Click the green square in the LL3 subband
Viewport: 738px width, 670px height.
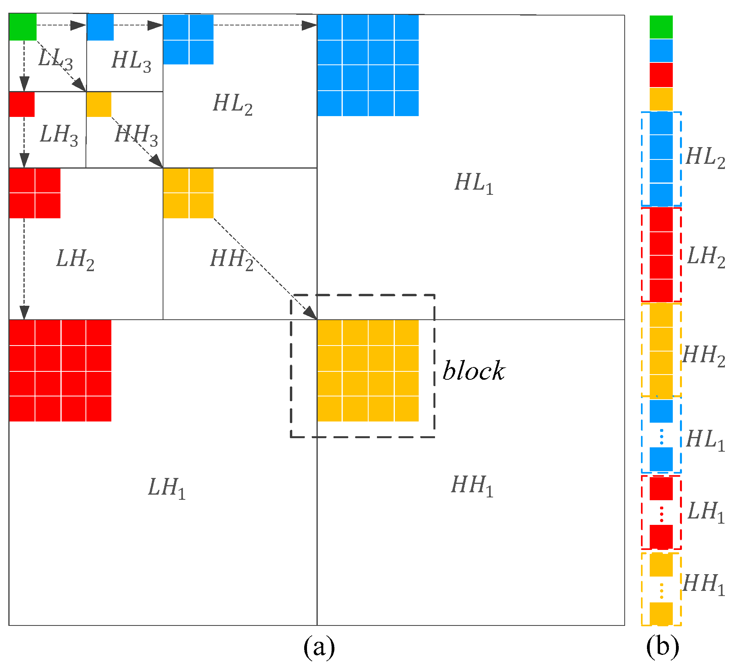pos(23,27)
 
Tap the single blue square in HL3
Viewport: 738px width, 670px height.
pos(100,27)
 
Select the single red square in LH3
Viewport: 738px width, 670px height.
pos(22,104)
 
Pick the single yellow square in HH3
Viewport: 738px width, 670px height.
pos(99,104)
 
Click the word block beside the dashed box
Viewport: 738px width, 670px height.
pos(474,371)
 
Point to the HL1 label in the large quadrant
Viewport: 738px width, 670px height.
pos(474,183)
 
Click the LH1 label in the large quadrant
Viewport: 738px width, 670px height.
pos(167,488)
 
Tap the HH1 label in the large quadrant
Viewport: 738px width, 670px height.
pos(472,486)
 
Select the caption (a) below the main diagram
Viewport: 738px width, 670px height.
pos(319,647)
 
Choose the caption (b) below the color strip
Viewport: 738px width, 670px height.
pos(662,647)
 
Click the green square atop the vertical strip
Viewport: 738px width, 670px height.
pos(661,27)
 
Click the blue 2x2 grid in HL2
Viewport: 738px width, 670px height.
pos(188,39)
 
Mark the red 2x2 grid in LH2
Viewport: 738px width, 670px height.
pos(35,193)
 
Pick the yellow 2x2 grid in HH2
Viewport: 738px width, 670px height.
pos(188,193)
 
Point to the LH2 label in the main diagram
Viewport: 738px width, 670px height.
pos(75,259)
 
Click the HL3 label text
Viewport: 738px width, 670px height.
pos(131,62)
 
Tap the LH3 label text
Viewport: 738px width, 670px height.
pos(59,135)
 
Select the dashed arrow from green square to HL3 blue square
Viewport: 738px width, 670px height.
pos(61,25)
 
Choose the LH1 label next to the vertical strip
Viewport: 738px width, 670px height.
pos(706,512)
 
